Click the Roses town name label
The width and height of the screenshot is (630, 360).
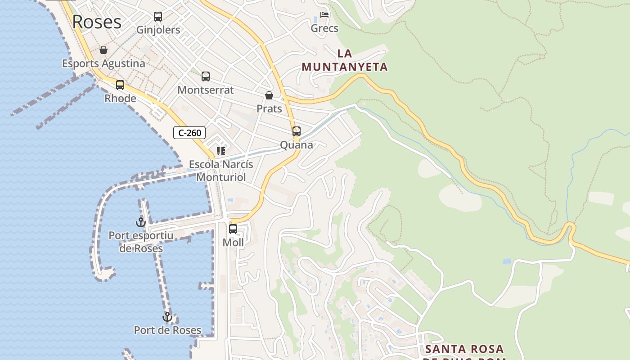coord(97,22)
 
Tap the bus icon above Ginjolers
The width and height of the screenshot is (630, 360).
coord(158,17)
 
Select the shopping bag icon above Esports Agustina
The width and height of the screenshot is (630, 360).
coord(103,50)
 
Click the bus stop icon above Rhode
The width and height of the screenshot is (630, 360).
coord(120,85)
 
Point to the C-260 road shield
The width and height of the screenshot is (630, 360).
coord(189,133)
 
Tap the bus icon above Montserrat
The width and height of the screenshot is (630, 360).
coord(206,76)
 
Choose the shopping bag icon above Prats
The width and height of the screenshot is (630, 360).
coord(269,95)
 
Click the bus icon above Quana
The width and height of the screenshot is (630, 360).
coord(297,131)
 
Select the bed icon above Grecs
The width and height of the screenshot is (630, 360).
coord(324,15)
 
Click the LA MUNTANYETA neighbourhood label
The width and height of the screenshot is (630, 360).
coord(344,60)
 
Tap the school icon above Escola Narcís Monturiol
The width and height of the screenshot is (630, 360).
coord(220,151)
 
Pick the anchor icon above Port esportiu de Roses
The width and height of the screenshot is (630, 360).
coord(141,222)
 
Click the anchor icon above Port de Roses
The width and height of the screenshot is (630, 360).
coord(167,317)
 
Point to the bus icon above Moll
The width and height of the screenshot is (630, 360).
coord(233,229)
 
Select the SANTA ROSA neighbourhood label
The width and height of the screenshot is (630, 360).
coord(464,349)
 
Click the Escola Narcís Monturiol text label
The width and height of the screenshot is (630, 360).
coord(221,171)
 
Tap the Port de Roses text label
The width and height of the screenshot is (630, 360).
coord(167,330)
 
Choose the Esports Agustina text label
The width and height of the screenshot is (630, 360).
coord(103,63)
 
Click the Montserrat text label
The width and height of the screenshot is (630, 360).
coord(206,90)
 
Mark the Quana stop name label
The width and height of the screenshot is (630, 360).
coord(297,145)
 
